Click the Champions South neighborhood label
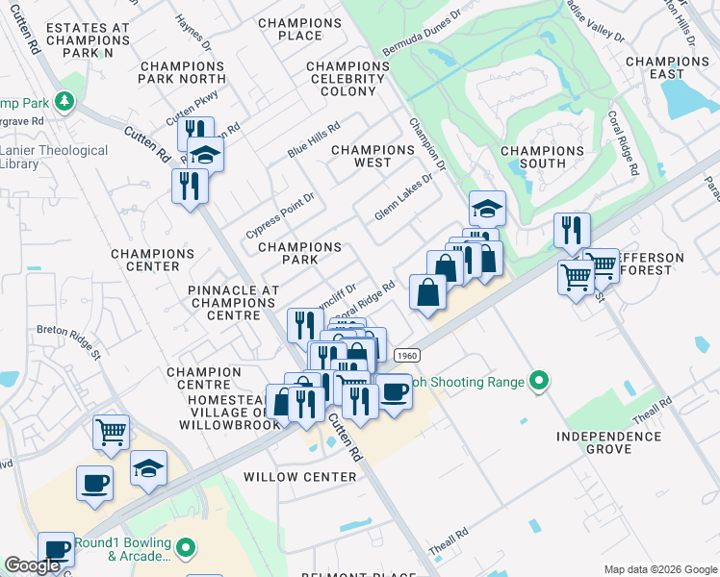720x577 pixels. pyautogui.click(x=542, y=157)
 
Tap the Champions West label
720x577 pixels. pyautogui.click(x=373, y=157)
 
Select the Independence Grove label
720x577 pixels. pyautogui.click(x=608, y=442)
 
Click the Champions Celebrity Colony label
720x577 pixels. pyautogui.click(x=347, y=79)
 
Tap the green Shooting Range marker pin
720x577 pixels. pyautogui.click(x=539, y=383)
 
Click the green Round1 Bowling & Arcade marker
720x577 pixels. pyautogui.click(x=186, y=549)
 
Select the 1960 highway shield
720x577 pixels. pyautogui.click(x=407, y=356)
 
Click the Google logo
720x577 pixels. pyautogui.click(x=32, y=566)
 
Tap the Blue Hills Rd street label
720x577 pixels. pyautogui.click(x=314, y=140)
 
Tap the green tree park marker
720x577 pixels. pyautogui.click(x=64, y=100)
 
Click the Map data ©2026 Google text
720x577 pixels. pyautogui.click(x=659, y=569)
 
